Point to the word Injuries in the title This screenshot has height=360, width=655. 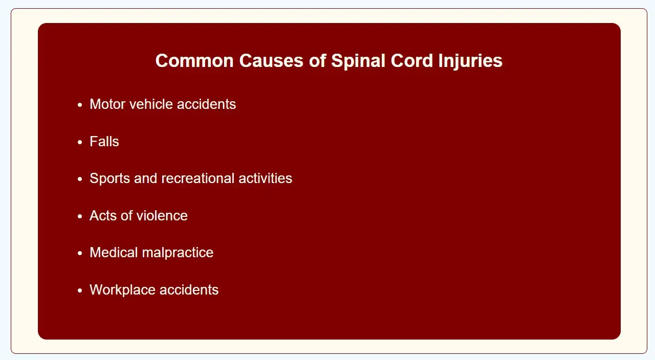470,61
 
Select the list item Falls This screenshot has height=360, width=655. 104,142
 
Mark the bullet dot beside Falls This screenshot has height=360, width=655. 80,142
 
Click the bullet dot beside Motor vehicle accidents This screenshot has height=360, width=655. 80,105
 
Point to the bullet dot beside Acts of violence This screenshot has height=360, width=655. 80,216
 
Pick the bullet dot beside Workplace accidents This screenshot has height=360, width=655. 80,290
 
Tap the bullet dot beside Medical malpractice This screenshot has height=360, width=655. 80,253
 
